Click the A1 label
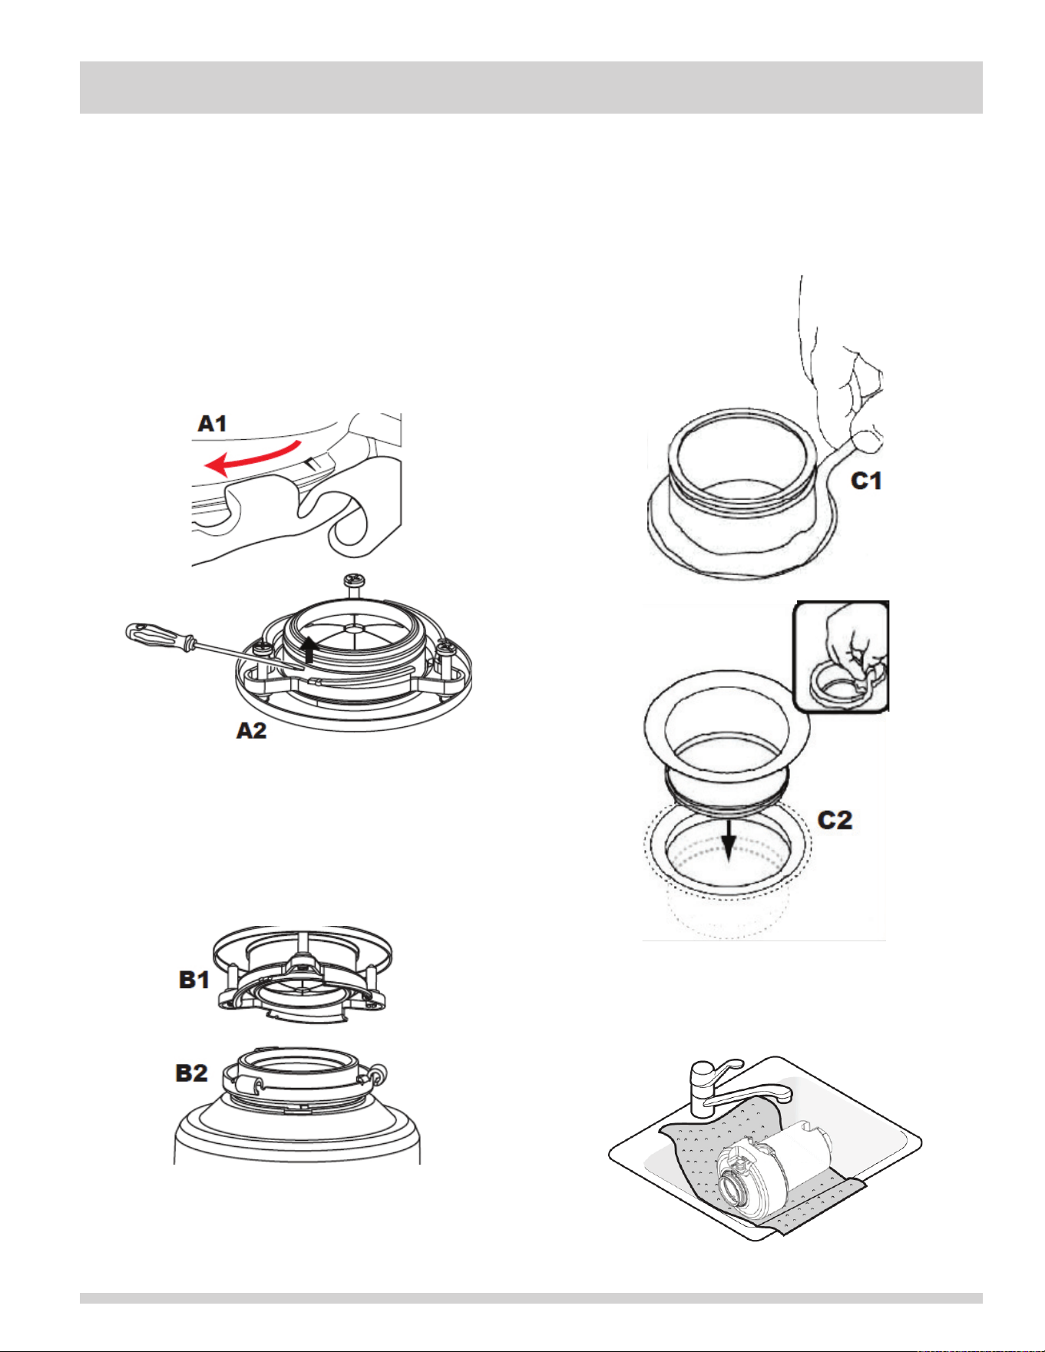tap(212, 424)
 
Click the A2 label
tap(251, 730)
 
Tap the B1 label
tap(194, 980)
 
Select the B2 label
tap(192, 1073)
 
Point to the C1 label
tap(866, 481)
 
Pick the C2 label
tap(835, 820)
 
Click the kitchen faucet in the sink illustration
tap(732, 1087)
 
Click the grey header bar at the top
tap(531, 88)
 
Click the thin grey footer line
tap(531, 1298)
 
